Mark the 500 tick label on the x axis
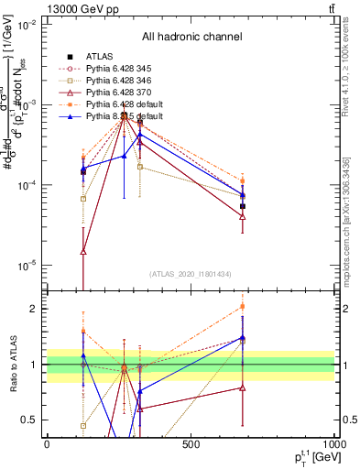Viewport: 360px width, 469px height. coord(191,444)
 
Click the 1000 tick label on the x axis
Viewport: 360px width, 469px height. coord(333,444)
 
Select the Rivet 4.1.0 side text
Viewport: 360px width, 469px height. coord(349,73)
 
